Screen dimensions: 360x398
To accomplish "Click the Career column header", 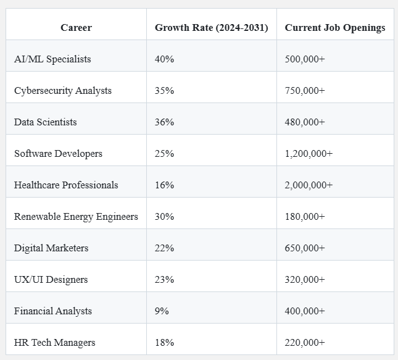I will pos(76,28).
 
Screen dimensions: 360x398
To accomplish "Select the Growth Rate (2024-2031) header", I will pos(211,28).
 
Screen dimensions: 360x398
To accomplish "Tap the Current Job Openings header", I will pos(334,28).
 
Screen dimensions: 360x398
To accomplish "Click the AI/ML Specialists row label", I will pos(52,59).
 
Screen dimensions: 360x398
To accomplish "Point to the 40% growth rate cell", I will pos(164,59).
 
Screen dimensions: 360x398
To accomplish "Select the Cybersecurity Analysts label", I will pos(63,91).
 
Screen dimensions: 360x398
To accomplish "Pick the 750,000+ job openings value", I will pos(305,91).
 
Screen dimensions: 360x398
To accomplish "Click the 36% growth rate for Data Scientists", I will pos(164,122).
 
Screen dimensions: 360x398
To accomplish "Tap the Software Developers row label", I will pos(58,154).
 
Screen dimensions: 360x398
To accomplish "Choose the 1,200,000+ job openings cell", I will pos(309,154).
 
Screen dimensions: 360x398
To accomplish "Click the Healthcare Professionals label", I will pos(66,185).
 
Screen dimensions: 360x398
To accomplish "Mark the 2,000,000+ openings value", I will pos(309,185).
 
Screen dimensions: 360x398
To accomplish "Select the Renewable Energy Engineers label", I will pos(76,217).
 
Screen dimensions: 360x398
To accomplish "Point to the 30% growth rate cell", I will pos(164,217).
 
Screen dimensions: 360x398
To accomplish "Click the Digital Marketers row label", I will pos(51,248).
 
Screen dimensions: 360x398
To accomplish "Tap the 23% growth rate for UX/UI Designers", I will pos(164,280).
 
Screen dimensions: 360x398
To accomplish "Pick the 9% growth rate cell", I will pos(162,311).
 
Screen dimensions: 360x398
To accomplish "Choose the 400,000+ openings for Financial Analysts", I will pos(305,311).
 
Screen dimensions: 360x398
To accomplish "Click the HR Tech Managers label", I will pos(55,343).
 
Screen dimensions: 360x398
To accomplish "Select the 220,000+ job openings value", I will pos(305,343).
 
